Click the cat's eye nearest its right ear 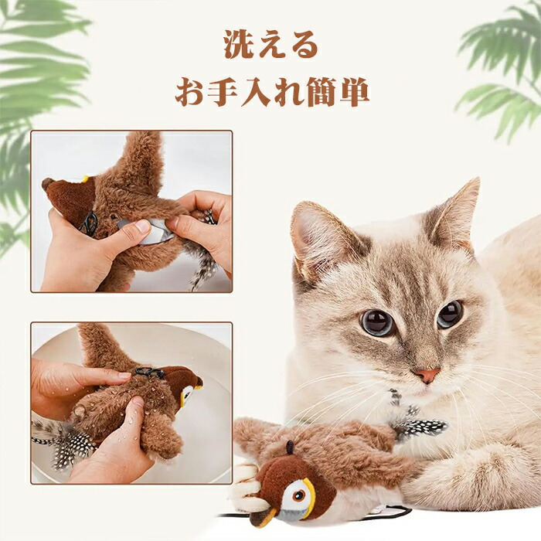[x=377, y=322]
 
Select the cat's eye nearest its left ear [x=450, y=314]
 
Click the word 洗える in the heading [x=270, y=44]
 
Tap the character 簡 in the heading [x=321, y=92]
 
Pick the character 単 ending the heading [x=354, y=92]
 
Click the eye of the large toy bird [x=298, y=495]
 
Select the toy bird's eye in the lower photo [x=187, y=393]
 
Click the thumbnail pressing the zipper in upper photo [x=142, y=226]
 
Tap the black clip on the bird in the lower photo [x=150, y=372]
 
